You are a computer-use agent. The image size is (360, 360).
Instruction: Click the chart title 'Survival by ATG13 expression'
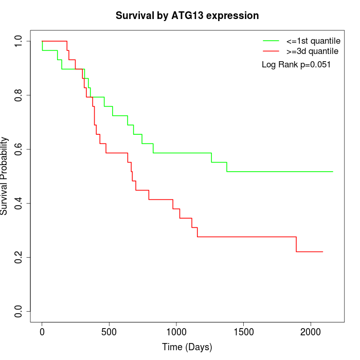(x=187, y=15)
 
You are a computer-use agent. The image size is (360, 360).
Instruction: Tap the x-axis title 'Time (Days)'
(x=187, y=347)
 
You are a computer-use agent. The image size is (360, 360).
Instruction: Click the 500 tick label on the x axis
(x=109, y=332)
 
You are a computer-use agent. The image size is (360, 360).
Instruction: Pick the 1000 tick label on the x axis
(x=176, y=332)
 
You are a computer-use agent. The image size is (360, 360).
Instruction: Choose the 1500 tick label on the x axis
(x=243, y=332)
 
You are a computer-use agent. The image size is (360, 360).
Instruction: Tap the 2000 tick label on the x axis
(x=310, y=332)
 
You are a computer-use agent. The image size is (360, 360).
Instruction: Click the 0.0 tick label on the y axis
(x=19, y=311)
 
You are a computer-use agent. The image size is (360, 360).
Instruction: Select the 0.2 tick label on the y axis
(x=19, y=257)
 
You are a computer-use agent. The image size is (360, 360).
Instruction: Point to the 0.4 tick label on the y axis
(x=19, y=203)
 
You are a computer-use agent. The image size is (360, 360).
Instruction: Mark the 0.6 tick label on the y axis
(x=19, y=149)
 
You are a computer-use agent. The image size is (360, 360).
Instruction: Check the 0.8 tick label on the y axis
(x=19, y=95)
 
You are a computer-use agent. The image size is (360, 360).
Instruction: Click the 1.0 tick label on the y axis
(x=19, y=41)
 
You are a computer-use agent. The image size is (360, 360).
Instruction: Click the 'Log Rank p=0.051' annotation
(x=296, y=65)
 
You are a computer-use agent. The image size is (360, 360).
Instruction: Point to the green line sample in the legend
(x=271, y=41)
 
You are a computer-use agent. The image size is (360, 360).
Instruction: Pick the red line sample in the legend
(x=271, y=51)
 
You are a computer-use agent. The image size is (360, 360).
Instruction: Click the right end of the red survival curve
(x=322, y=251)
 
